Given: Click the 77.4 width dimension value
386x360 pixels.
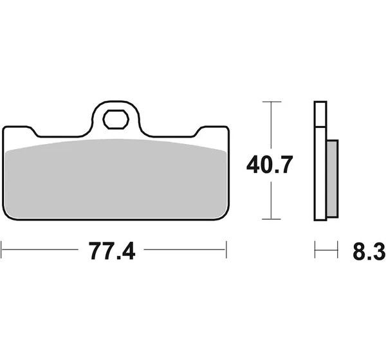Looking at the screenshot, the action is point(112,251).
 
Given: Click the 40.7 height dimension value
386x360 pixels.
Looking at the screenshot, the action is point(270,165).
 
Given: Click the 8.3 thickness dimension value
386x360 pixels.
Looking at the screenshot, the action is point(369,251).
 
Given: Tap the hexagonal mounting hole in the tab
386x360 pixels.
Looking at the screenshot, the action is point(116,120).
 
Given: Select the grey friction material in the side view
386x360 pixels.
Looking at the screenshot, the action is point(333,179).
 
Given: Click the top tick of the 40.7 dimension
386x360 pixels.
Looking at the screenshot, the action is point(271,102).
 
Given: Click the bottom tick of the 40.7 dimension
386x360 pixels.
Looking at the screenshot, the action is point(271,219).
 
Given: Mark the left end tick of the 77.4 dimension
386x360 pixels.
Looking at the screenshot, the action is point(1,249).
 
